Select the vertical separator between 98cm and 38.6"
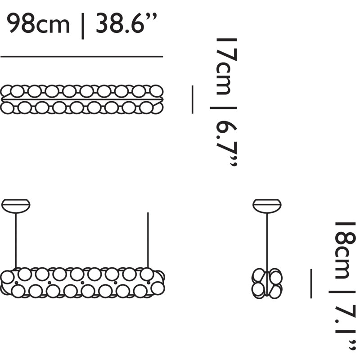click(83, 25)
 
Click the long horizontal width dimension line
click(81, 57)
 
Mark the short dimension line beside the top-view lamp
click(192, 99)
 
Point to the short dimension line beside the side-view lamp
click(310, 283)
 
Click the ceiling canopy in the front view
click(16, 205)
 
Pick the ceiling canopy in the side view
click(267, 205)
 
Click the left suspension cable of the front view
click(16, 241)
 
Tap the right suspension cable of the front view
click(148, 241)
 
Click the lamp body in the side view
click(267, 283)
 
